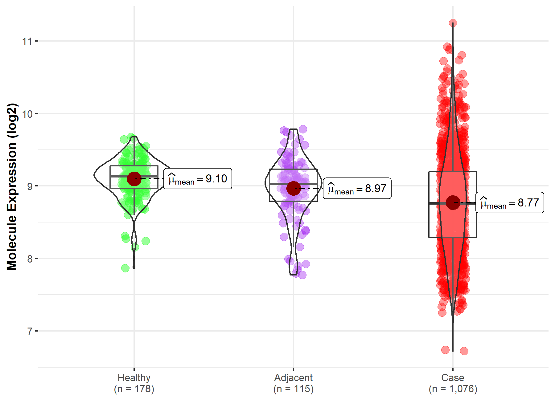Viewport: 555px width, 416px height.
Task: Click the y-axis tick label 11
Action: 27,41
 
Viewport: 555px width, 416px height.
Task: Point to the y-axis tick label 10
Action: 27,114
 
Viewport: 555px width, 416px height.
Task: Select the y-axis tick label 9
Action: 30,186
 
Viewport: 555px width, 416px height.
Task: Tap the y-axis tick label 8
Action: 30,259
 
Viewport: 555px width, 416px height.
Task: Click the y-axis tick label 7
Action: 30,332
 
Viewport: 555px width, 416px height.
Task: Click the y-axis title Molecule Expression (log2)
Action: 12,187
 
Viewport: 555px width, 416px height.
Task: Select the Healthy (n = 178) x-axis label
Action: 134,383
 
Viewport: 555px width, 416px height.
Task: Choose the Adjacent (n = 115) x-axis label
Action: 293,383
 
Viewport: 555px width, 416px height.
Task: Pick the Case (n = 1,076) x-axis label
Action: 453,383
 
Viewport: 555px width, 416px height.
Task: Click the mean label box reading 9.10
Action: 198,179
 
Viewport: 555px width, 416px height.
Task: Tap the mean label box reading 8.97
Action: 357,188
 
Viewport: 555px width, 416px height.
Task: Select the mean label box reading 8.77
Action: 510,203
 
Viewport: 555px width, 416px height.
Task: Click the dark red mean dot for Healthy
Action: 134,179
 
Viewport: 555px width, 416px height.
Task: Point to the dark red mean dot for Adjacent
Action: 293,188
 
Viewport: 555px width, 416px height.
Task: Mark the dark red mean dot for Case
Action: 453,202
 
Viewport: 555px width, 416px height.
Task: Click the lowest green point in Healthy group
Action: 125,268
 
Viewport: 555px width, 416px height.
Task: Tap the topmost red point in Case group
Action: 453,23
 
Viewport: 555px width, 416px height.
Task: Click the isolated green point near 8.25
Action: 146,241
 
